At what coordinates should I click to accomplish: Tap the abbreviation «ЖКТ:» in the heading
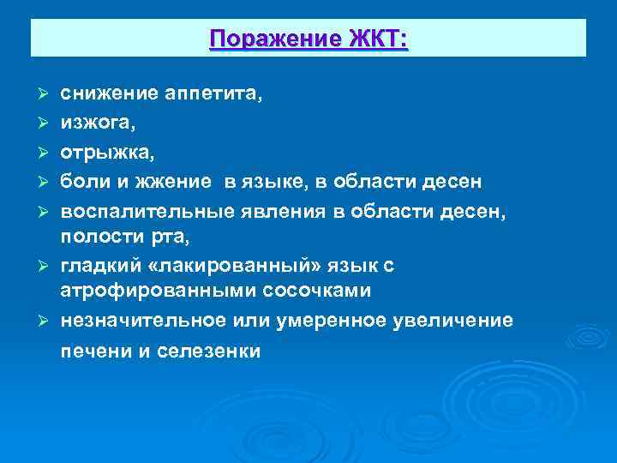tap(378, 39)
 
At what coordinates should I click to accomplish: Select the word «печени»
tap(92, 352)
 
